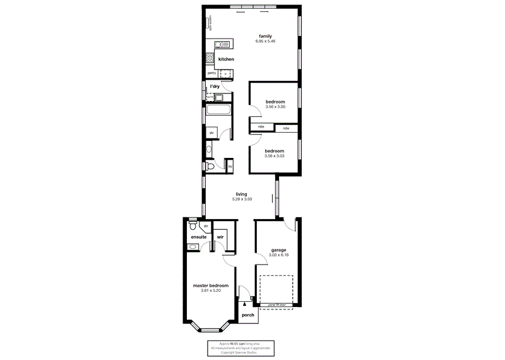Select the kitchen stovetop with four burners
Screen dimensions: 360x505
click(210, 58)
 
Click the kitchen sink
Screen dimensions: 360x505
click(222, 44)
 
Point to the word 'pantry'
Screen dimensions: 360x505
click(211, 73)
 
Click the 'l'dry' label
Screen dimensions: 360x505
click(215, 86)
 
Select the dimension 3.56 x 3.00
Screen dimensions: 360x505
click(275, 107)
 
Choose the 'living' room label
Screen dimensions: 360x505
click(241, 194)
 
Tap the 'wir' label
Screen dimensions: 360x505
click(220, 237)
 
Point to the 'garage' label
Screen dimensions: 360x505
click(278, 249)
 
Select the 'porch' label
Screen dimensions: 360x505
click(247, 315)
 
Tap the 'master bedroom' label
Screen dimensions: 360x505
click(210, 285)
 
